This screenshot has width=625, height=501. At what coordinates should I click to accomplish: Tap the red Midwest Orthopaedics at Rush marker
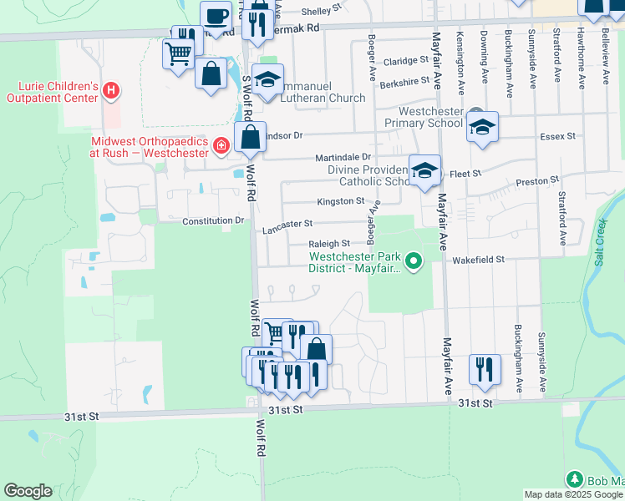pos(221,148)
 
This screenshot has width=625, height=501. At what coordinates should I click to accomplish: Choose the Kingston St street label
pos(340,201)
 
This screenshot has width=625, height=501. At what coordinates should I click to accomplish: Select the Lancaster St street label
pos(287,224)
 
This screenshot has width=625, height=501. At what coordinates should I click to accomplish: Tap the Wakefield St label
pos(479,260)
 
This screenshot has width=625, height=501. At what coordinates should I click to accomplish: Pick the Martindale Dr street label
pos(343,157)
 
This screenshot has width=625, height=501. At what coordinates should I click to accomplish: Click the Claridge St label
pos(405,62)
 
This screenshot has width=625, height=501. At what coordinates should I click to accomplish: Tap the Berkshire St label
pos(404,83)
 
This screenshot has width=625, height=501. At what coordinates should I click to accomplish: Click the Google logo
pos(28,491)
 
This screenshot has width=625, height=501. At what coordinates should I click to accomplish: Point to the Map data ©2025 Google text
pos(573,494)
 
